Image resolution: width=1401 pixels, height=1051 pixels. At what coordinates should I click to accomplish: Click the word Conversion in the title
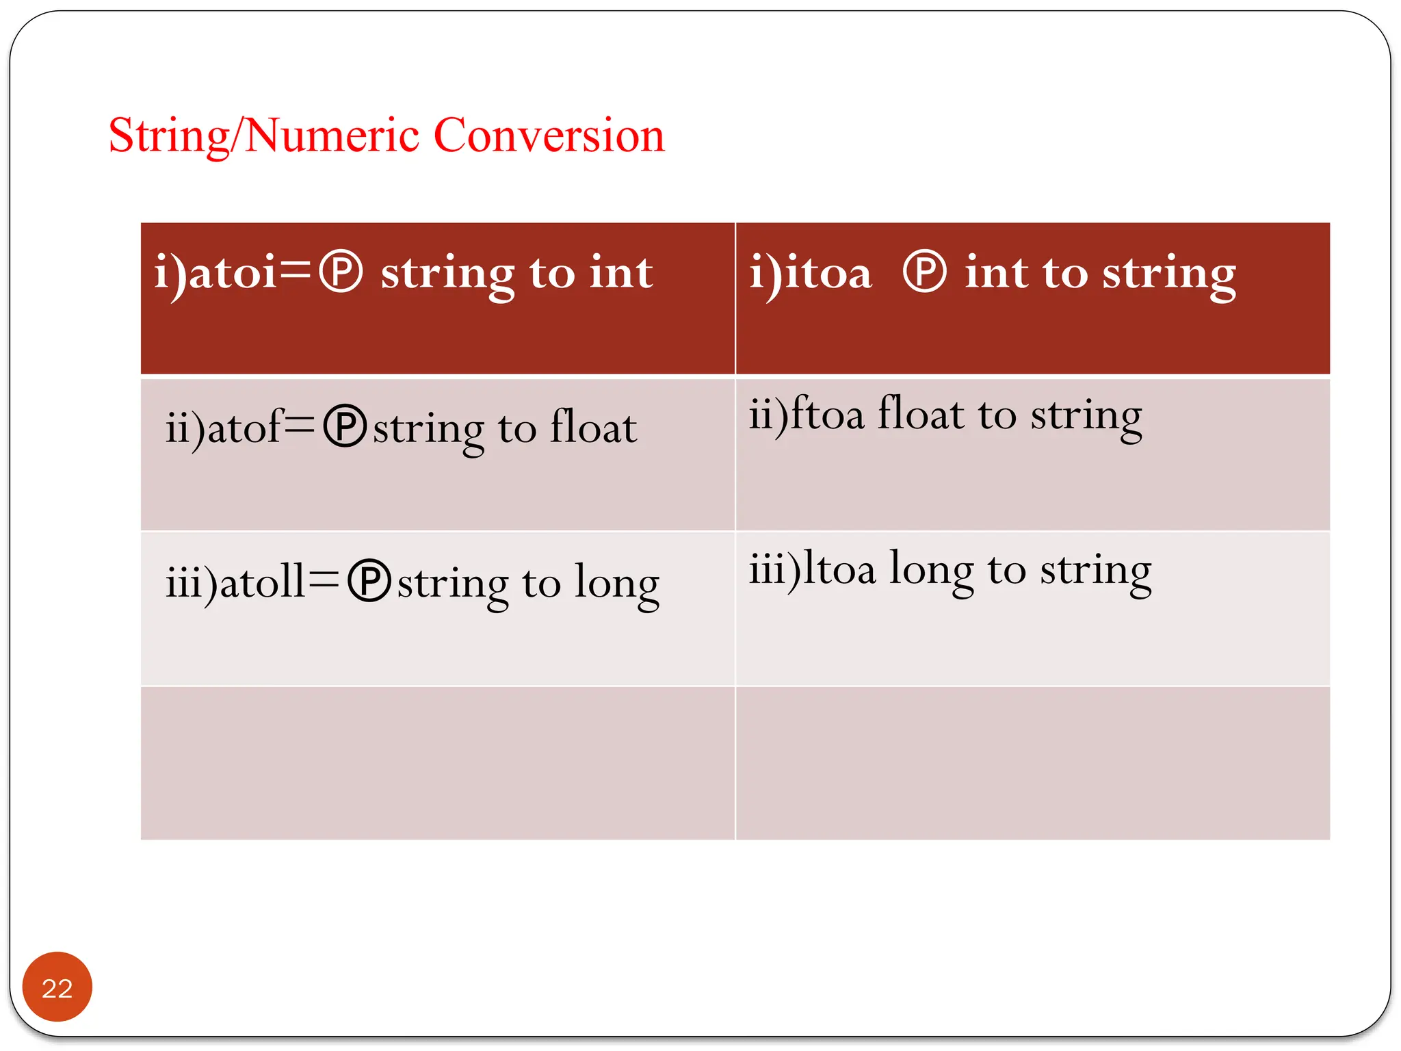click(549, 135)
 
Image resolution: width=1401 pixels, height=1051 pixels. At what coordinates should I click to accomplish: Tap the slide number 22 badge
click(57, 987)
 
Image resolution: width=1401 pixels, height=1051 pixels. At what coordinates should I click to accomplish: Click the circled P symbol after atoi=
click(341, 272)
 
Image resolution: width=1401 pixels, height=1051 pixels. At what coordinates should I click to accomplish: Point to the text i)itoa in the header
click(811, 272)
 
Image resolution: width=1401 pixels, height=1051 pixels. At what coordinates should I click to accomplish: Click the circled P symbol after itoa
click(924, 272)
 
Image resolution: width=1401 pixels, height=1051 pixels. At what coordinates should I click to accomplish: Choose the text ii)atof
click(224, 428)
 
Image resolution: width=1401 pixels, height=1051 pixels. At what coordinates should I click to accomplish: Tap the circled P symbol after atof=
click(345, 426)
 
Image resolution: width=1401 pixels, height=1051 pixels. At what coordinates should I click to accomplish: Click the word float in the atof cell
click(593, 427)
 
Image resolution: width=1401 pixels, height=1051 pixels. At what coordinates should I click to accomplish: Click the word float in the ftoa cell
click(920, 413)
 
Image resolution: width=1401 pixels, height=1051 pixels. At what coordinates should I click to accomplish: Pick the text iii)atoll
click(235, 582)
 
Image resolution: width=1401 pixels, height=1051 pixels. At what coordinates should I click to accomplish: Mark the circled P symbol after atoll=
click(369, 582)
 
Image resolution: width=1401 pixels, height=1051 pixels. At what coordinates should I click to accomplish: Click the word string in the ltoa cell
click(1095, 571)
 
